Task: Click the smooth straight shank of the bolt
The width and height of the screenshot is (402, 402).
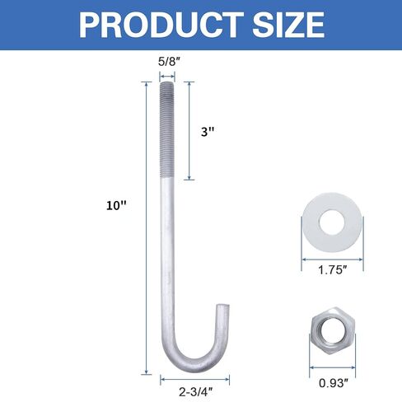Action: (166, 247)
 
